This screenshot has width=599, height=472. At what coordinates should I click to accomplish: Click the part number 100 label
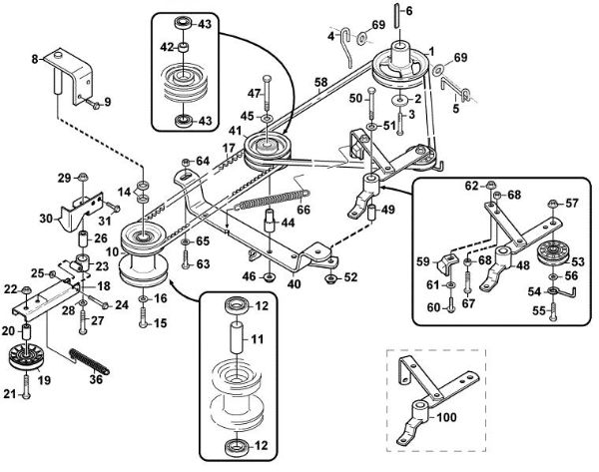pyautogui.click(x=446, y=417)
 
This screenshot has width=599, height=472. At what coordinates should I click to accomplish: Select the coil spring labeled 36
pyautogui.click(x=90, y=361)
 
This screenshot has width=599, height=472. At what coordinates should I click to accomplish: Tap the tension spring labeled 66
pyautogui.click(x=271, y=200)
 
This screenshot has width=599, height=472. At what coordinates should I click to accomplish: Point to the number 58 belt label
pyautogui.click(x=321, y=83)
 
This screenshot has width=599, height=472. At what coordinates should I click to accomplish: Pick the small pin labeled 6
pyautogui.click(x=397, y=15)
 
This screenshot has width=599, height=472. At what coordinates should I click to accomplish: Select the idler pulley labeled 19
pyautogui.click(x=26, y=357)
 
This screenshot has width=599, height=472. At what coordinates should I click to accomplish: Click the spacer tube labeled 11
pyautogui.click(x=236, y=339)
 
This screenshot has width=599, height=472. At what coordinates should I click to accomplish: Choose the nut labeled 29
pyautogui.click(x=83, y=178)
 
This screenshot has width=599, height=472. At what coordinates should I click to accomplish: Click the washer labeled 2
pyautogui.click(x=399, y=100)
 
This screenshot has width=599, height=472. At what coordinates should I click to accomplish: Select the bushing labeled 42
pyautogui.click(x=183, y=48)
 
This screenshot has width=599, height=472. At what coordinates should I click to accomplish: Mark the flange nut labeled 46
pyautogui.click(x=270, y=277)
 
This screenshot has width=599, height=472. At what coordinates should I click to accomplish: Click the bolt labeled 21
pyautogui.click(x=26, y=387)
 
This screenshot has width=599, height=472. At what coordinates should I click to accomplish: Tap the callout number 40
pyautogui.click(x=294, y=283)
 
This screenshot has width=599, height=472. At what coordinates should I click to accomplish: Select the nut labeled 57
pyautogui.click(x=552, y=203)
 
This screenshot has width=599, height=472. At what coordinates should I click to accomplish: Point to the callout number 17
pyautogui.click(x=229, y=148)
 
